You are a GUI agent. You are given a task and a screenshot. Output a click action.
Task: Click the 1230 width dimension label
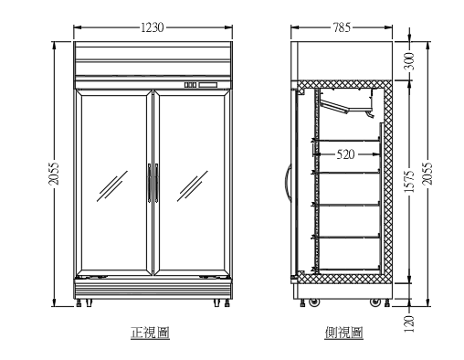(x=153, y=27)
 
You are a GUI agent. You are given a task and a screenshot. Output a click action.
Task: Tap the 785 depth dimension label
(x=342, y=27)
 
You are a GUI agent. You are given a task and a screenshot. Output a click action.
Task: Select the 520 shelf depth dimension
(x=345, y=154)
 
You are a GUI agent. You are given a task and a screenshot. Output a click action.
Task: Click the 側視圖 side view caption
(x=343, y=334)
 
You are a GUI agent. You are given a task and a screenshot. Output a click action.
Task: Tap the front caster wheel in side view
(x=313, y=300)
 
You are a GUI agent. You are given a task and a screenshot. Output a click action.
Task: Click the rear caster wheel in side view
(x=376, y=300)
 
